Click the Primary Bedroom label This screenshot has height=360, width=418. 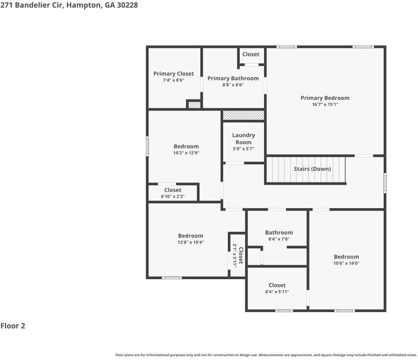coord(324,98)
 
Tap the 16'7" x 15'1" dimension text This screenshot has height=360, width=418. coord(324,104)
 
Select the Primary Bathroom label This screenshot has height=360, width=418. coord(233,79)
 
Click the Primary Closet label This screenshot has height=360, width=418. coord(173,74)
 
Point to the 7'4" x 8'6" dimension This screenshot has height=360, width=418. coord(173,80)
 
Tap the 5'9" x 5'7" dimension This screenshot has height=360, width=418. coord(243,149)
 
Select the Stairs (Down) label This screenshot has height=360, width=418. coord(312,169)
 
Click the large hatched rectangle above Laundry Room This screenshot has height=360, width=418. coord(243,115)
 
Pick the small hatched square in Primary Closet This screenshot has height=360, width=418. coord(194,104)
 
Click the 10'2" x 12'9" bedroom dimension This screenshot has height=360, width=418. coord(186,153)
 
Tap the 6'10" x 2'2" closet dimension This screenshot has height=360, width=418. coord(172,196)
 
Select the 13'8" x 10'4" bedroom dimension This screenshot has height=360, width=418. coord(190,242)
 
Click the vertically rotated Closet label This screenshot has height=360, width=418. coord(240,256)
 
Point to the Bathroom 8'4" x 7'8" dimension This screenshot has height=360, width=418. coord(279,239)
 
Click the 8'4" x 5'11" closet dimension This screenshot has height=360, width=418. coord(277,292)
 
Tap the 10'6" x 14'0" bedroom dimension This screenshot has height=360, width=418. coord(346,263)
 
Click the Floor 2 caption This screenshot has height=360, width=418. coord(13,326)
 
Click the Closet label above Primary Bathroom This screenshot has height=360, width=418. coord(251,54)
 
